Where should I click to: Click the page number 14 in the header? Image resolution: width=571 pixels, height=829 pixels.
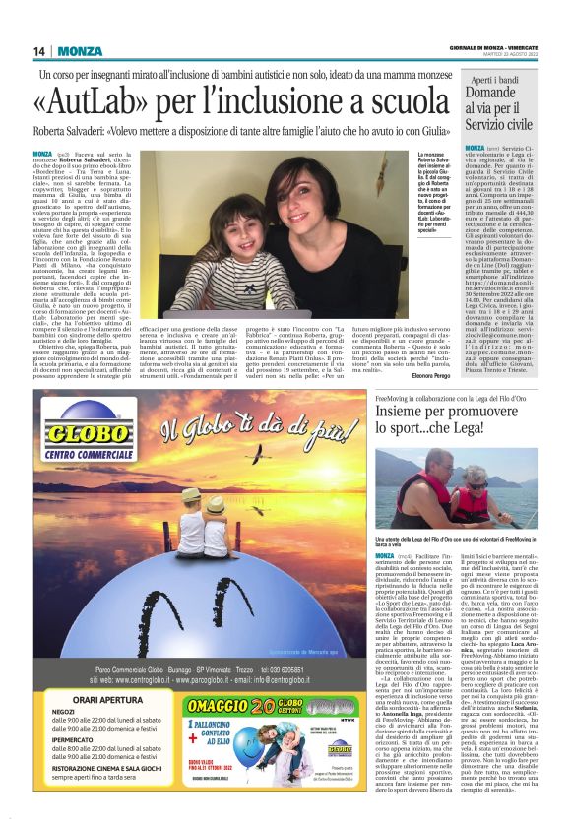click(x=40, y=51)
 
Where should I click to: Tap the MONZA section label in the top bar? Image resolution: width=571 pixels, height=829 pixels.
click(x=79, y=51)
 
